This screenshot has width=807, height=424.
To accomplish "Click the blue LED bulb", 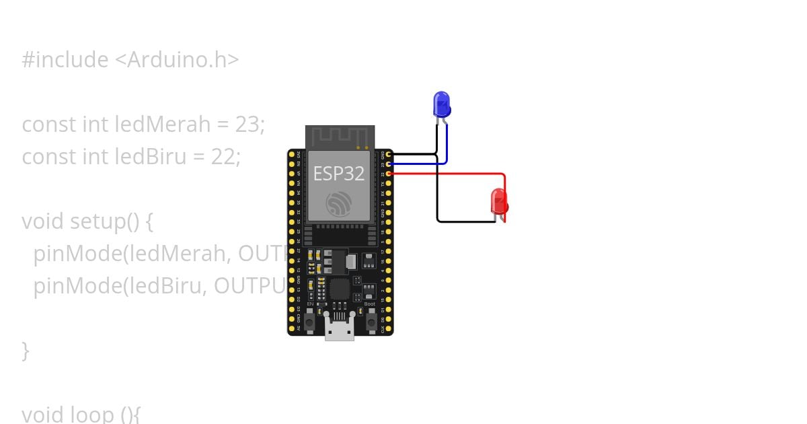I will coord(441,104).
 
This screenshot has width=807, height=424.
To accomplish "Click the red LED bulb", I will coord(499,201).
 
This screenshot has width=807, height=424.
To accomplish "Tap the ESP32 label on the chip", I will coord(338,174).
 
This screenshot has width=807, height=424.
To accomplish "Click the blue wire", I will coord(417,164).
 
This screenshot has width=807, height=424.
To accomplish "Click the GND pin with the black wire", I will coord(389,155).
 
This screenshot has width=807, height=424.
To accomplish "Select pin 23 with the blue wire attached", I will coord(389,164).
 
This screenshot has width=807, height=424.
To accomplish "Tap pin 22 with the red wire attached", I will coord(389,174).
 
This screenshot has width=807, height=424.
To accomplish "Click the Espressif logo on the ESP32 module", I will coord(338,203).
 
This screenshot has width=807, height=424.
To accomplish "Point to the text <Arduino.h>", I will coord(176,60).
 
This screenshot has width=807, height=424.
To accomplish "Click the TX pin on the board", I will coord(389,184).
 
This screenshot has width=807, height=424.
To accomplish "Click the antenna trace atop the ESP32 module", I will coord(339,137).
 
